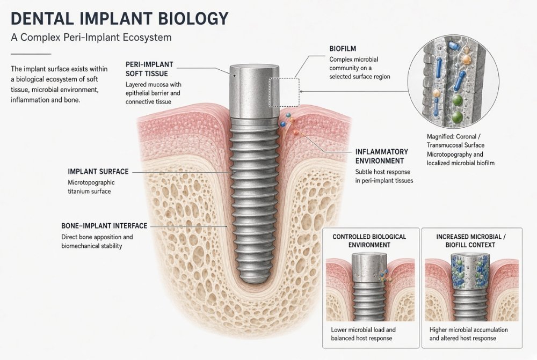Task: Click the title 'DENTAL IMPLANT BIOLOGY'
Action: click(120, 18)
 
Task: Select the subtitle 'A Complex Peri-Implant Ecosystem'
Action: click(91, 38)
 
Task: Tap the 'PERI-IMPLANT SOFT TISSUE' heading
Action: click(149, 69)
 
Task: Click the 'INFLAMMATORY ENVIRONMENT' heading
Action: click(381, 156)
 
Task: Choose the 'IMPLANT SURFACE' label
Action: click(98, 172)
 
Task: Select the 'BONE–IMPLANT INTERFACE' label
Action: click(104, 226)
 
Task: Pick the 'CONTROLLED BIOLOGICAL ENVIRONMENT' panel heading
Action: click(369, 241)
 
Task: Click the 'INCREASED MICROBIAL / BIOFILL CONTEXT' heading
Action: click(470, 241)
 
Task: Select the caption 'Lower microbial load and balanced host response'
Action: click(363, 334)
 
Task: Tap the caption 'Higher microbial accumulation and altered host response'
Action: click(468, 334)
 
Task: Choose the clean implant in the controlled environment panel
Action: click(370, 287)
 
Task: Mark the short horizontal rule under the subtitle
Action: click(31, 54)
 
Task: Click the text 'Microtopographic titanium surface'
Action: click(91, 187)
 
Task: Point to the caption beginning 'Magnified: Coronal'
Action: click(461, 150)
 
